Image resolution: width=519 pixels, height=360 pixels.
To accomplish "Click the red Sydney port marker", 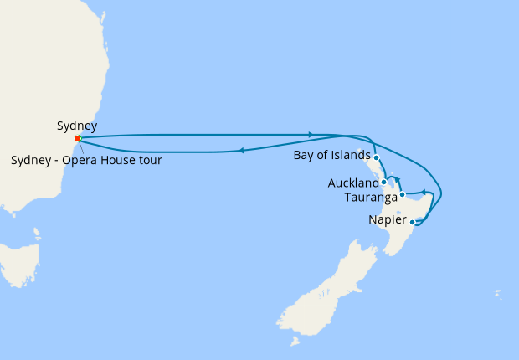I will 77,138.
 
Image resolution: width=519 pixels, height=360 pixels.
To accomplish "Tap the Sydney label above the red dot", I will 77,126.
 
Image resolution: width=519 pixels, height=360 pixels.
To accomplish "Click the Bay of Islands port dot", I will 377,157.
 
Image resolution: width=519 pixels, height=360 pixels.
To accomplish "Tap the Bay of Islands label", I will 331,155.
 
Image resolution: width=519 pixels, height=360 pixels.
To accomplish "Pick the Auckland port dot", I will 383,182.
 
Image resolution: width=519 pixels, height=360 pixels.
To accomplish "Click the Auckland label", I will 353,183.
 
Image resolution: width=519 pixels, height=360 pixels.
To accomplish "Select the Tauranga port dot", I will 402,195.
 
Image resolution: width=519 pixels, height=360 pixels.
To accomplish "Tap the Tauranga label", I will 370,198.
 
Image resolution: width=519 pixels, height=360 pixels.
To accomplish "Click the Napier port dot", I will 412,222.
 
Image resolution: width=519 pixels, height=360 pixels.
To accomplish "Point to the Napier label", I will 387,221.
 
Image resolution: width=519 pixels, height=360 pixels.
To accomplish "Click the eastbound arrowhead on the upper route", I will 311,134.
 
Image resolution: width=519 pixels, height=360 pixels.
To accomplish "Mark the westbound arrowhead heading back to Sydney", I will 241,151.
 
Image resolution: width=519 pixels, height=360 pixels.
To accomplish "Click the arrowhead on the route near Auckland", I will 398,179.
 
